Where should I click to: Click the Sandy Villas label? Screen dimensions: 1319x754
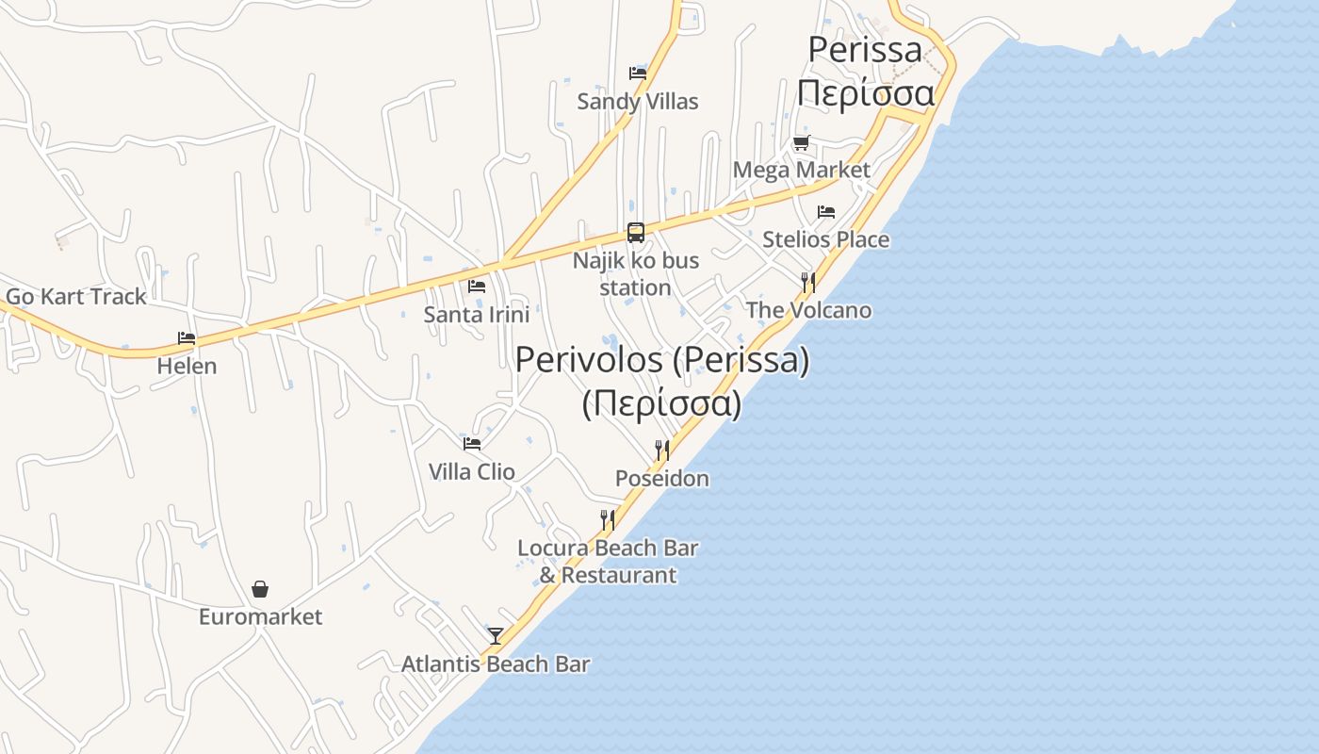[638, 101]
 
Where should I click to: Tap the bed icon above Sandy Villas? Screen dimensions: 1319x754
[638, 73]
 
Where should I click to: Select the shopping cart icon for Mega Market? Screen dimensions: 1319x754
[801, 142]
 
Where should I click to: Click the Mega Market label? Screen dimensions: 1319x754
[801, 170]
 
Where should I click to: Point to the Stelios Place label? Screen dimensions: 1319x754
[825, 239]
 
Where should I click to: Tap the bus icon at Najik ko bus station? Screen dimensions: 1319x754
[636, 232]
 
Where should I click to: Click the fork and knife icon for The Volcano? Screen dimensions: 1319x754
[807, 282]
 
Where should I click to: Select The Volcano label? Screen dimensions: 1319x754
[808, 310]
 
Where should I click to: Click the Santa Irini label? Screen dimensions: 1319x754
[476, 314]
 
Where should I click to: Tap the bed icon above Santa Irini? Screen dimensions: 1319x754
[477, 286]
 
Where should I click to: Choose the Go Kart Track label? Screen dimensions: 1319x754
[76, 296]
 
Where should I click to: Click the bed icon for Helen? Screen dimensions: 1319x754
[187, 337]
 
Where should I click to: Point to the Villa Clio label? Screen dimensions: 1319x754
[471, 471]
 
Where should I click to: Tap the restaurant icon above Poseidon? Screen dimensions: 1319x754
[662, 451]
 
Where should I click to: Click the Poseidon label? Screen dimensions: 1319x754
[662, 479]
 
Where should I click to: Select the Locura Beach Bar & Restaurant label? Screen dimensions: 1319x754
[608, 561]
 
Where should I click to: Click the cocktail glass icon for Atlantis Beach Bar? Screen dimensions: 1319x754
[496, 636]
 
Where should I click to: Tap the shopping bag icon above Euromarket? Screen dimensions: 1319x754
[260, 589]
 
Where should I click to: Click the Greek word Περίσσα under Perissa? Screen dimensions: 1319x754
[865, 93]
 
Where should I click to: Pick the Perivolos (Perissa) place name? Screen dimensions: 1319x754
[662, 360]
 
